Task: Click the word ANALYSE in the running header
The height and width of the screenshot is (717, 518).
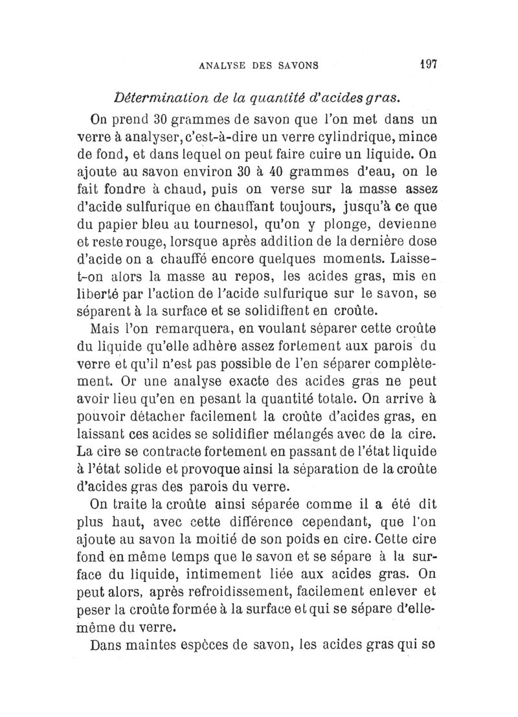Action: [222, 65]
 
